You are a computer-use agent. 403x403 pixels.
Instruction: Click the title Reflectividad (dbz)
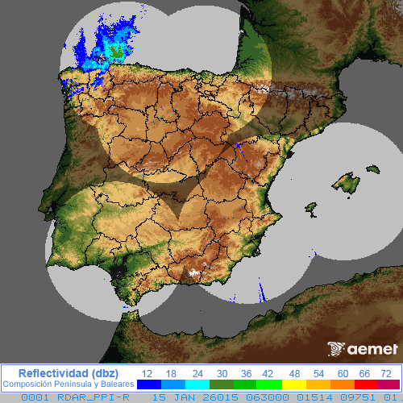(x=68, y=372)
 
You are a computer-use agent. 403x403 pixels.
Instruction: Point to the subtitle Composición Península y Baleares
(x=68, y=384)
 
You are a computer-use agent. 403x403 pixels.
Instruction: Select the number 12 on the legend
(x=147, y=373)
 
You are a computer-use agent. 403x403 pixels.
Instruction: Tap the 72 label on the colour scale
(x=387, y=373)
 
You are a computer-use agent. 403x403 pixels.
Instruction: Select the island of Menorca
(x=372, y=169)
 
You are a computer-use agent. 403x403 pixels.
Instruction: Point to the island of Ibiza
(x=310, y=209)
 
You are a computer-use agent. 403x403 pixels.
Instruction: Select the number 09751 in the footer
(x=352, y=397)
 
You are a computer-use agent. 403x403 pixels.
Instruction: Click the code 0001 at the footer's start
(x=34, y=397)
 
